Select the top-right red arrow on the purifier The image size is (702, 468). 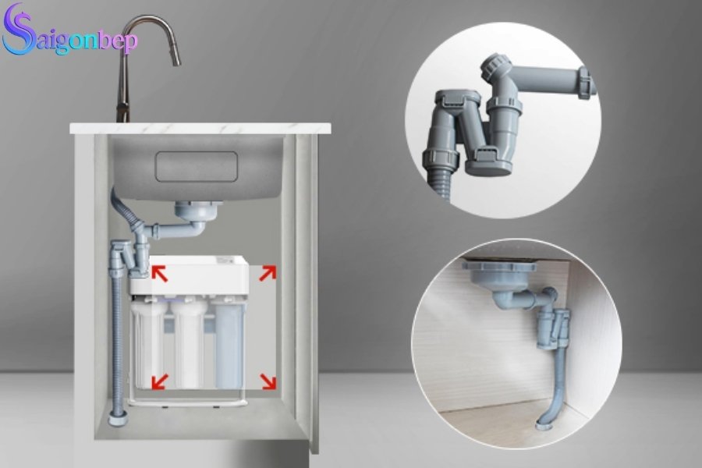tap(267, 272)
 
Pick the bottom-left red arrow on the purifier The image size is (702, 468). tap(159, 381)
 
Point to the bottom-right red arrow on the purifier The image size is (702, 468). tap(267, 381)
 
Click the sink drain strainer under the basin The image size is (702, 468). tap(190, 211)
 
